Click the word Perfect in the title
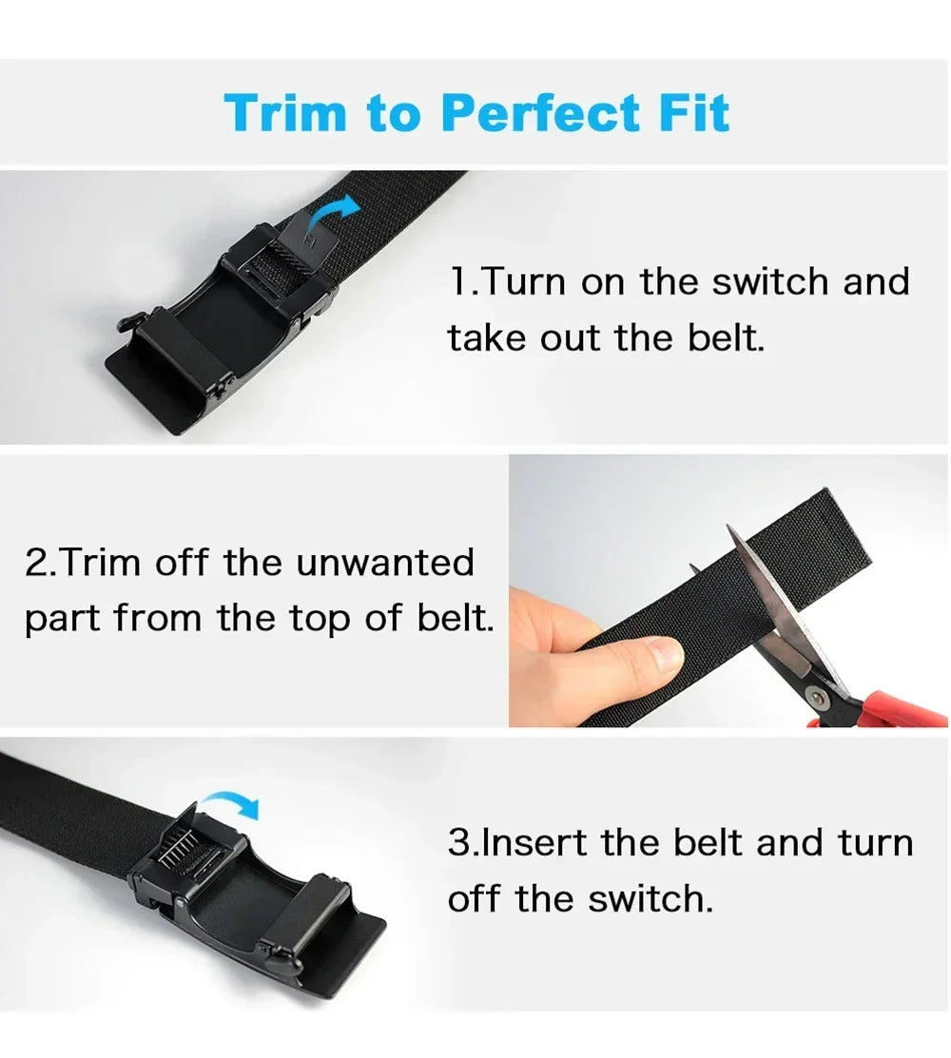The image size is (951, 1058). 540,112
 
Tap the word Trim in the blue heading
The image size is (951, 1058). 285,112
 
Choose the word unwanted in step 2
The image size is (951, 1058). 385,563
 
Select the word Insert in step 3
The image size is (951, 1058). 534,843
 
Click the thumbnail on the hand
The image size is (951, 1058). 663,654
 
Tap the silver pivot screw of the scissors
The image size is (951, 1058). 819,697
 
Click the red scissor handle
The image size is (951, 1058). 891,710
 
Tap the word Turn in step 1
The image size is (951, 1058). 524,281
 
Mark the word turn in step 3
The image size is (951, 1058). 875,843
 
